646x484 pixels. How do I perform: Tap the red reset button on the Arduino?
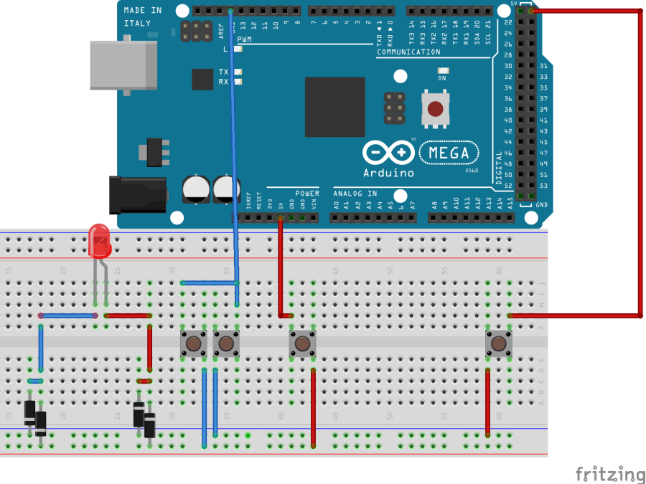435,109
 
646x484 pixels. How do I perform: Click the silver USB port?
123,65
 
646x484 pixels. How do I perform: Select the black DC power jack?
136,195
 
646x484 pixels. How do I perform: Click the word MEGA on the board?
449,153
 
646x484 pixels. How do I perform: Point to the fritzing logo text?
609,474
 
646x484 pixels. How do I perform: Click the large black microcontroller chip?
334,107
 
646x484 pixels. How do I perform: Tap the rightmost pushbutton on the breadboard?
498,344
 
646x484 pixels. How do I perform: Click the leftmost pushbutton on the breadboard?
193,344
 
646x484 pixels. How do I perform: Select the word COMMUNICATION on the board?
408,52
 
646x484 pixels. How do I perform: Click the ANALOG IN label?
355,194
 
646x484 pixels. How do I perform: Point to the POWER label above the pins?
307,194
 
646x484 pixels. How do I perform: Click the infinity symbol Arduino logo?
388,153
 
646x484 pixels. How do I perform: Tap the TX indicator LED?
238,72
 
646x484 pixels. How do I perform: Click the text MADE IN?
143,10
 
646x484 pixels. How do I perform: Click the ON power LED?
442,71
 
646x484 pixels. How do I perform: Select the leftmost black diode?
30,412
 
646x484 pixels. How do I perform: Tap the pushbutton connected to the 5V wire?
302,344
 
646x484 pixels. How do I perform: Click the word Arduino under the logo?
388,173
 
